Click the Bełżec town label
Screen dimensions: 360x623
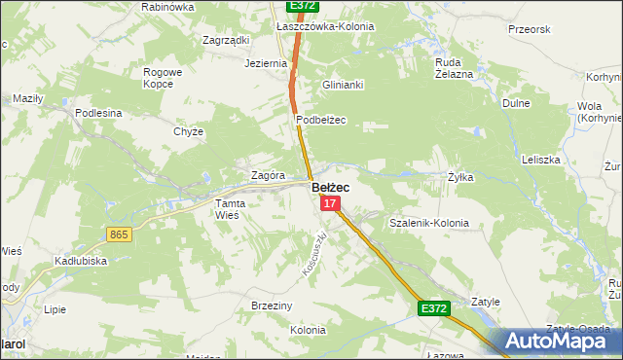[331, 187]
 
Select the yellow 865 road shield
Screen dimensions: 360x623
[120, 234]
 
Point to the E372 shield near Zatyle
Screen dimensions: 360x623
[434, 308]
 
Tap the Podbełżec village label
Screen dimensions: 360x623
[321, 120]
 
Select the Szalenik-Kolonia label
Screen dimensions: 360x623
[428, 223]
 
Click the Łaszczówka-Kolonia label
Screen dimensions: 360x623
[325, 26]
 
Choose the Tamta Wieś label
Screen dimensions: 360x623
[233, 208]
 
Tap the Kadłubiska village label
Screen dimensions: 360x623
[80, 261]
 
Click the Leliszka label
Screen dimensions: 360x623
[540, 159]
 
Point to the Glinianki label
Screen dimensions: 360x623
[343, 85]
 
